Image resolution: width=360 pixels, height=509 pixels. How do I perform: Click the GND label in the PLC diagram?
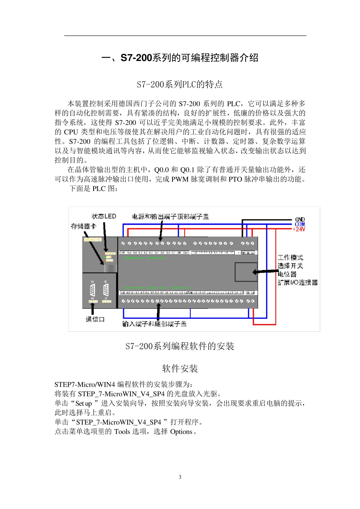(x=300, y=220)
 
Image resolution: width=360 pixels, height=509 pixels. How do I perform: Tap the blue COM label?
(x=300, y=224)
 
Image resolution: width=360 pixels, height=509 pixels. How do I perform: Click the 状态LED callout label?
(x=103, y=216)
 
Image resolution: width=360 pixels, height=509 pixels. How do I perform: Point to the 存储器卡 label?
(x=83, y=226)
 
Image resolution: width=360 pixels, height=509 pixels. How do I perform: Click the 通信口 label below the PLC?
(x=95, y=319)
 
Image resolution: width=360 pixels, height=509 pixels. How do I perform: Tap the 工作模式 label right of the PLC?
(x=290, y=258)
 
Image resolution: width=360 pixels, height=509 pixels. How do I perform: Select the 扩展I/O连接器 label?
(x=297, y=283)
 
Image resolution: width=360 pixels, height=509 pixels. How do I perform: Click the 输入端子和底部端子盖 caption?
(x=154, y=324)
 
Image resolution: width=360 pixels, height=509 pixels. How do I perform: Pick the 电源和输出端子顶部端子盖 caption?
(x=170, y=217)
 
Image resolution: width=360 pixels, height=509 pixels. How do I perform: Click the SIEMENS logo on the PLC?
(x=92, y=240)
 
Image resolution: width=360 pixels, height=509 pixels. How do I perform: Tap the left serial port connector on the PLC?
(x=92, y=290)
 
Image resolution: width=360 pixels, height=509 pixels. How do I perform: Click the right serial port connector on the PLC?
(x=106, y=290)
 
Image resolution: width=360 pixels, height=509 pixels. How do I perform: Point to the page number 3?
(x=180, y=477)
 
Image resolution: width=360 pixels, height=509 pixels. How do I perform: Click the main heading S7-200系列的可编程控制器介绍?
(x=180, y=58)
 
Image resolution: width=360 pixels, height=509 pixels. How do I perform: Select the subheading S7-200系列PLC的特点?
(x=180, y=84)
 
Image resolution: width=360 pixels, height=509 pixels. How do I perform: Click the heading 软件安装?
(x=180, y=368)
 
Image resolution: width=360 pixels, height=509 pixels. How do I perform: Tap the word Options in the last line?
(x=181, y=432)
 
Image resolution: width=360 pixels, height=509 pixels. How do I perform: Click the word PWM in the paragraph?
(x=180, y=179)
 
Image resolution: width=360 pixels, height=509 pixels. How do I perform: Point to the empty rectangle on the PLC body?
(x=246, y=272)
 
